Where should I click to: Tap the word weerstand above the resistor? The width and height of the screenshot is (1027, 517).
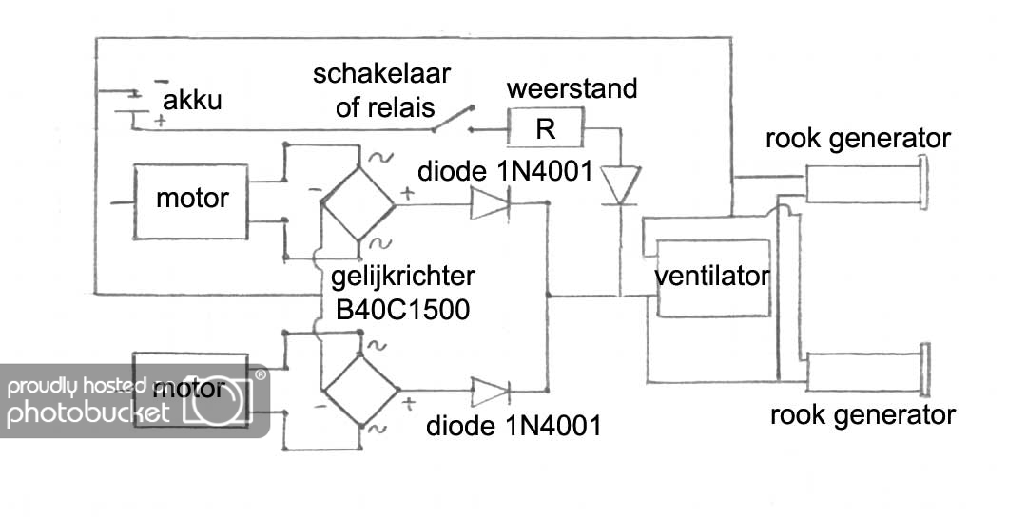coord(572,90)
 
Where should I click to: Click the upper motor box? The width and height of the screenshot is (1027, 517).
coord(191,200)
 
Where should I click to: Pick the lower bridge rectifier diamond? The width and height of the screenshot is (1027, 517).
coord(358,392)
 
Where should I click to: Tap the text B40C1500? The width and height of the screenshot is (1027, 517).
coord(400,309)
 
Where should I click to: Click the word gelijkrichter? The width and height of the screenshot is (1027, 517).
coord(404,278)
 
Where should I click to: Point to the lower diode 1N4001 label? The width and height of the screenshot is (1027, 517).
coord(513,425)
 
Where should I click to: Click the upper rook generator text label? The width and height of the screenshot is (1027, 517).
coord(859,139)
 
